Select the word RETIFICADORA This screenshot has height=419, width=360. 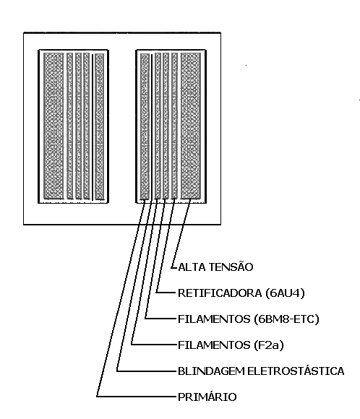[x=220, y=293]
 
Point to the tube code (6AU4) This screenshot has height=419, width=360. [x=286, y=293]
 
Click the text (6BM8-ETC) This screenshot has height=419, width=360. [x=287, y=319]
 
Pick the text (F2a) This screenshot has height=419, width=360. [x=269, y=345]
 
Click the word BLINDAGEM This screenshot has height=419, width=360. [x=211, y=371]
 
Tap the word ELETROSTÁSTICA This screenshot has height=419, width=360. [x=296, y=371]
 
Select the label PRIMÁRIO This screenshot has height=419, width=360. [x=207, y=397]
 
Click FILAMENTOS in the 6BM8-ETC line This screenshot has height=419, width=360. [x=214, y=319]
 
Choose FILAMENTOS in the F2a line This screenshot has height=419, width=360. [x=214, y=345]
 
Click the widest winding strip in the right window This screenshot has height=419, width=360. [x=191, y=126]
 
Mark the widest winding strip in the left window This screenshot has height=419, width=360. [x=53, y=126]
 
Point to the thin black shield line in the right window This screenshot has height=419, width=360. [x=151, y=126]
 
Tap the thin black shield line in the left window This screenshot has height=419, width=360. [x=93, y=126]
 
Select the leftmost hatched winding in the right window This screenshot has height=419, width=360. [x=145, y=126]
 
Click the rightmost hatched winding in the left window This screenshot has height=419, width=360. [x=100, y=126]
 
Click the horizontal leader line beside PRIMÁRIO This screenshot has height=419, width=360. [x=136, y=397]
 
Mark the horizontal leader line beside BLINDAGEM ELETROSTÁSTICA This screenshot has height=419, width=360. [x=146, y=371]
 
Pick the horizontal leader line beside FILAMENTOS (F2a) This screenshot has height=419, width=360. [x=153, y=345]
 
